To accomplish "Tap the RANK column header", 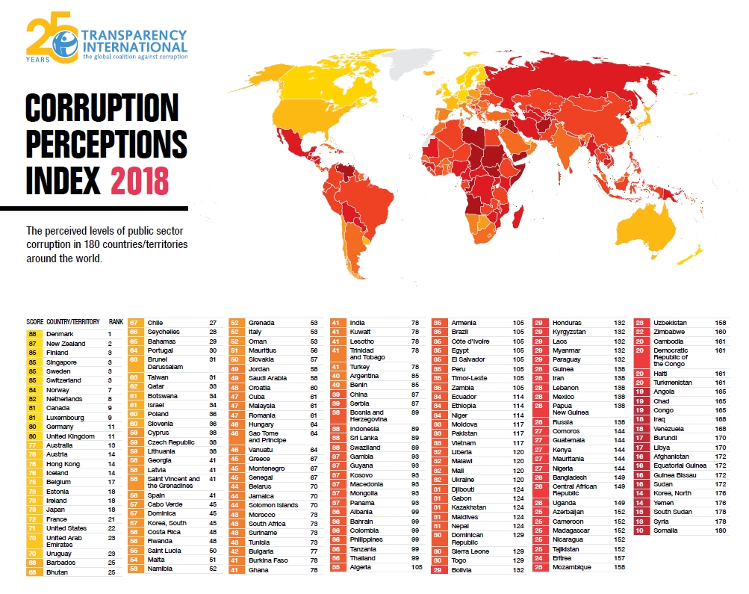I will click(x=116, y=322).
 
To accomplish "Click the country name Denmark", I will click(x=60, y=333).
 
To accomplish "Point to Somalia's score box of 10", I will click(x=639, y=530).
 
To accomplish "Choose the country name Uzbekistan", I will click(x=671, y=322).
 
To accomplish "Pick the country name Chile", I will click(x=155, y=322).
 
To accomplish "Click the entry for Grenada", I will click(x=262, y=322).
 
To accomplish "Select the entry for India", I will click(x=358, y=322).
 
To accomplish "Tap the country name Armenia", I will click(x=464, y=322).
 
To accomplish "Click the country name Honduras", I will click(x=568, y=322).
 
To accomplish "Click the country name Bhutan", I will click(x=58, y=572).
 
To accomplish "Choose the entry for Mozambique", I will click(x=572, y=567).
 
